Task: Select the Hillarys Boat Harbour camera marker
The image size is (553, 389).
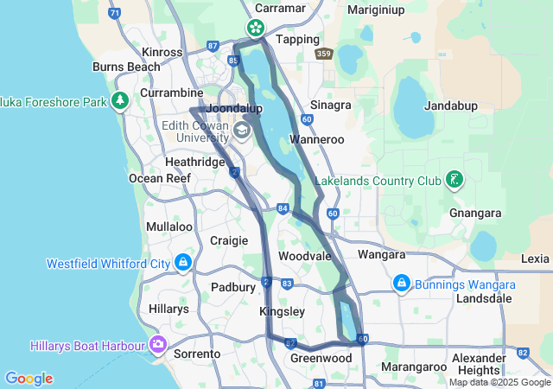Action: (157, 345)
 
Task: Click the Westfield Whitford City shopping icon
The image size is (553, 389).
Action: (183, 261)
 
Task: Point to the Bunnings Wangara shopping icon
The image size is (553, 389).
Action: (402, 283)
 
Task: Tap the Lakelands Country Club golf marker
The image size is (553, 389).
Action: (454, 181)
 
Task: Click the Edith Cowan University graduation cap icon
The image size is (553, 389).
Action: (242, 131)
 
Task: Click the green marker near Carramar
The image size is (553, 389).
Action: (256, 28)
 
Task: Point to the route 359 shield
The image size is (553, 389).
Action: (324, 54)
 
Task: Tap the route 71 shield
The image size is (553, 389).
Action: (115, 13)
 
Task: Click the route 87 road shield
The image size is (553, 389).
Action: (213, 45)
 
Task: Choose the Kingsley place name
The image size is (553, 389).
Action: (283, 310)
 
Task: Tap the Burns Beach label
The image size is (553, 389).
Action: (126, 66)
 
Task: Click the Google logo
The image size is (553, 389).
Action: (29, 379)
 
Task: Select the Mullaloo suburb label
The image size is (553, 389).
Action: (169, 226)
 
